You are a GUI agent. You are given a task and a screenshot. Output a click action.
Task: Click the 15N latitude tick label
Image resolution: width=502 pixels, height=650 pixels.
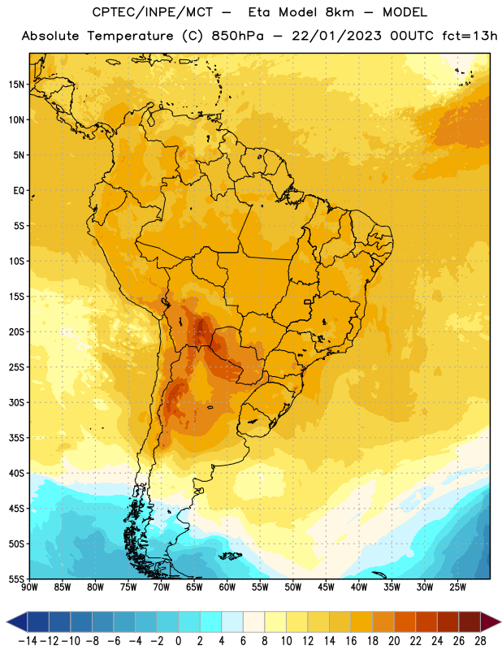pyautogui.click(x=16, y=84)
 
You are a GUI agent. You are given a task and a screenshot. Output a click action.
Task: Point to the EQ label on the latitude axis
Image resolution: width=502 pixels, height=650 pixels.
pyautogui.click(x=19, y=191)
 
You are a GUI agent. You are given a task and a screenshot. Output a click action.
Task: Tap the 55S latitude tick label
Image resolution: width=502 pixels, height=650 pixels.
pyautogui.click(x=16, y=578)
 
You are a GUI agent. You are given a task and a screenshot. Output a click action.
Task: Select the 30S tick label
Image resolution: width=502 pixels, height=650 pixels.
pyautogui.click(x=16, y=402)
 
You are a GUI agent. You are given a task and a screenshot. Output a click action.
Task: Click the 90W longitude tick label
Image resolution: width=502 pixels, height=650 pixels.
pyautogui.click(x=29, y=587)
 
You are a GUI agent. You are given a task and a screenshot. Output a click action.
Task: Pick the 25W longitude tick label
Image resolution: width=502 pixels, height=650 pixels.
pyautogui.click(x=457, y=587)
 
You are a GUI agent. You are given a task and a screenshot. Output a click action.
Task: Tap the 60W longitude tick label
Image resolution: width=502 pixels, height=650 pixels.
pyautogui.click(x=227, y=587)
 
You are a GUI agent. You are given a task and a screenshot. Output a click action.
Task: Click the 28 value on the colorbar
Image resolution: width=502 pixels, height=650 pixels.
pyautogui.click(x=480, y=641)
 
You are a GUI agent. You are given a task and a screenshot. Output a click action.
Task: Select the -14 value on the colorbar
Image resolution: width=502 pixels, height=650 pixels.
pyautogui.click(x=28, y=641)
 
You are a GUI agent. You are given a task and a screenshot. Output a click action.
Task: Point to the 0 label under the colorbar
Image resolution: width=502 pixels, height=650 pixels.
pyautogui.click(x=178, y=641)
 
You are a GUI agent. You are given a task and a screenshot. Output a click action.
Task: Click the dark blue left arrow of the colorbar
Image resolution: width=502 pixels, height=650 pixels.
pyautogui.click(x=17, y=622)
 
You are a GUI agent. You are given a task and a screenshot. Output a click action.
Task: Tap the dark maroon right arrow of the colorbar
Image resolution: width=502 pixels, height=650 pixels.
pyautogui.click(x=491, y=622)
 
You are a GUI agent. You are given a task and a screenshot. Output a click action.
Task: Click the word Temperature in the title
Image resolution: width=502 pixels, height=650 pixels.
pyautogui.click(x=131, y=36)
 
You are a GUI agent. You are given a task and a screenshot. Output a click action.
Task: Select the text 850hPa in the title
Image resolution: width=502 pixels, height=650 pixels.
pyautogui.click(x=237, y=36)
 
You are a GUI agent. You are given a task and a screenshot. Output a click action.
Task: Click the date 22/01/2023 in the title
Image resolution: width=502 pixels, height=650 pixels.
pyautogui.click(x=336, y=36)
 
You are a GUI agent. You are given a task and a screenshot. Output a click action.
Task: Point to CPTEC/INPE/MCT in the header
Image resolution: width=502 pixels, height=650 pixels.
pyautogui.click(x=153, y=12)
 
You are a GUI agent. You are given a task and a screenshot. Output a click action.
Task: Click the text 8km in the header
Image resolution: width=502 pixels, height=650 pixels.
pyautogui.click(x=340, y=12)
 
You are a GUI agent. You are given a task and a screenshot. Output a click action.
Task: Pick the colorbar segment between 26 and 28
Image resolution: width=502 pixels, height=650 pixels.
pyautogui.click(x=470, y=622)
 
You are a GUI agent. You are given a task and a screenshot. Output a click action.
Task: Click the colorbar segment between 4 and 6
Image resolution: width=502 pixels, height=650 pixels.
pyautogui.click(x=232, y=622)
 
